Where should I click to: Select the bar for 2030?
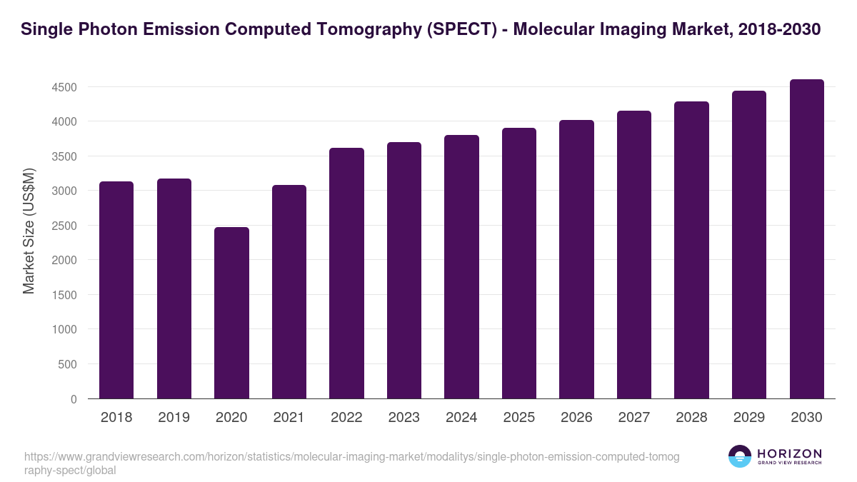(x=806, y=239)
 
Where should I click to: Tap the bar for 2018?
(x=116, y=290)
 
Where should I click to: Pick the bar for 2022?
(x=346, y=273)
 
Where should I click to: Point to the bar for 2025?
(x=519, y=263)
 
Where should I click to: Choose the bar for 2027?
(x=634, y=255)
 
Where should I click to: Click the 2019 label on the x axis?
(x=174, y=418)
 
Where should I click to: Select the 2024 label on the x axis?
(x=461, y=418)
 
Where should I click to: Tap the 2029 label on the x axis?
(x=748, y=418)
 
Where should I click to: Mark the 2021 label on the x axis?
(x=289, y=418)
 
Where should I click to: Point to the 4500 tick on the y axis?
(x=64, y=88)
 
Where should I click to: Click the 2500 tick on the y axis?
(x=64, y=226)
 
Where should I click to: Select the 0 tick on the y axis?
(x=74, y=400)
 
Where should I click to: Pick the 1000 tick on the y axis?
(x=64, y=331)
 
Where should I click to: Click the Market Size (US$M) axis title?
(x=29, y=231)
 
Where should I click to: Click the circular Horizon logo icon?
(x=740, y=457)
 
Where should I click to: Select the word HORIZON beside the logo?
(x=789, y=453)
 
